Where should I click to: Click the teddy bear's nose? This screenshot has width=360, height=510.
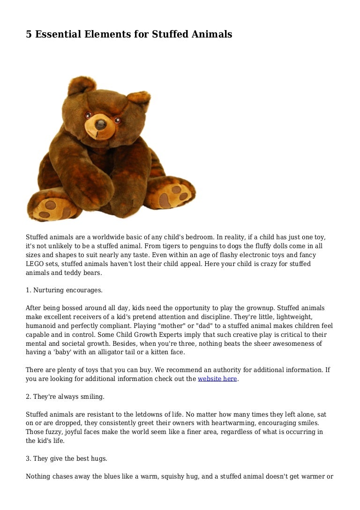tap(100, 124)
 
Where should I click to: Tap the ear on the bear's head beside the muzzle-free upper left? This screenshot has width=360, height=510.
tap(80, 85)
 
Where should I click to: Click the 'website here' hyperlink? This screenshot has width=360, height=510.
tap(217, 379)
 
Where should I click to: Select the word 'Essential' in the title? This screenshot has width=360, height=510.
tap(58, 34)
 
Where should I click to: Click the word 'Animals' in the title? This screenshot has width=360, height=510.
tap(211, 34)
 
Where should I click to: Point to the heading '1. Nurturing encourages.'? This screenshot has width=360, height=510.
tap(64, 290)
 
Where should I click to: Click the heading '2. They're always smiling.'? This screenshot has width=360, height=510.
tap(65, 396)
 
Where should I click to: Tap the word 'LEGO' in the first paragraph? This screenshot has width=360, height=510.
tap(35, 264)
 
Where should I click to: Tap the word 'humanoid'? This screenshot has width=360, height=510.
tap(41, 326)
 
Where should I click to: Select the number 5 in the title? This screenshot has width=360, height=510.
tap(29, 34)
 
